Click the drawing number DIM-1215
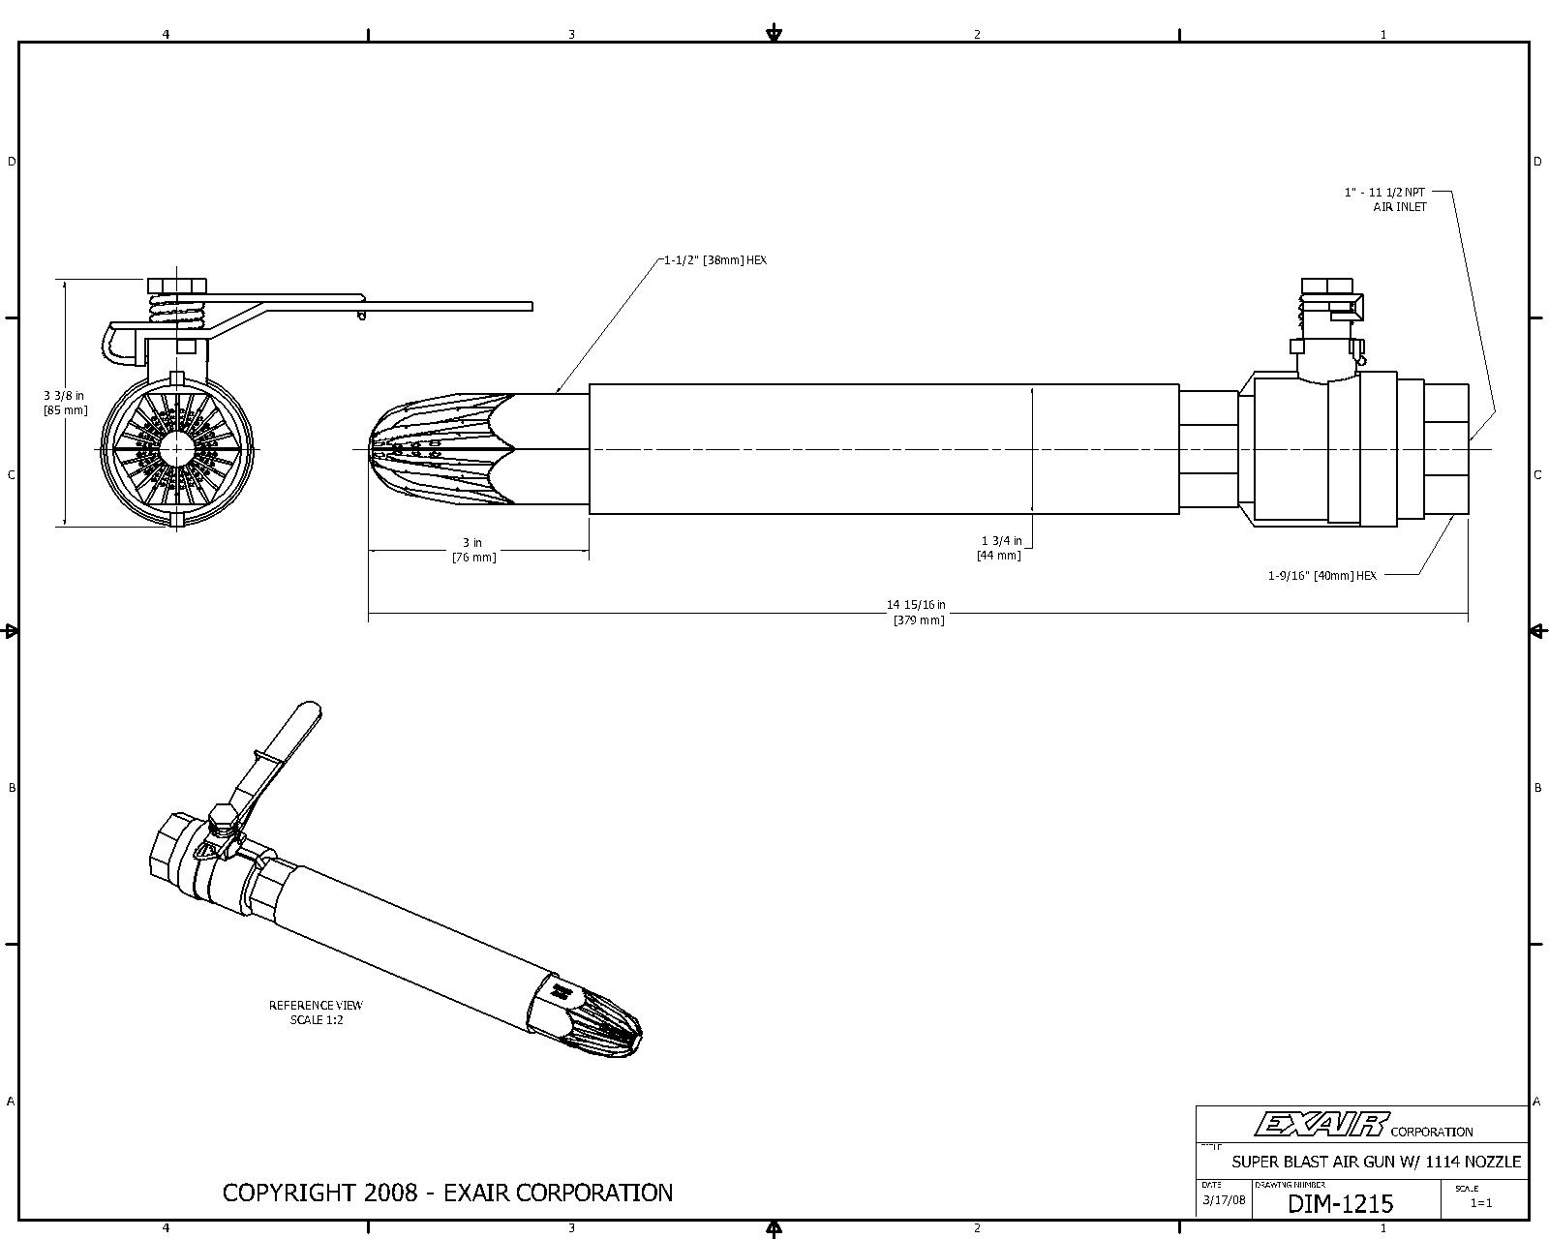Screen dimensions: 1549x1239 pos(1340,1203)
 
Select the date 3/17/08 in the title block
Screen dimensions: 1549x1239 pos(1224,1200)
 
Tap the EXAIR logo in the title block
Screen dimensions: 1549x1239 pos(1321,1125)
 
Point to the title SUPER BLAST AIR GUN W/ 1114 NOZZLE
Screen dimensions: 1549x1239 pos(1377,1162)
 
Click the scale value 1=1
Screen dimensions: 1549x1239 pos(1481,1203)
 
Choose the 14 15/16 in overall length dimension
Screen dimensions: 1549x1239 pos(916,612)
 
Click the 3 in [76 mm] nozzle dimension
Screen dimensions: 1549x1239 pos(473,549)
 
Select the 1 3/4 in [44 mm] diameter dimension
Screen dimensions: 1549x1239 pos(1000,548)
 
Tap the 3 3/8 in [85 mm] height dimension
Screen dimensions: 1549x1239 pos(66,403)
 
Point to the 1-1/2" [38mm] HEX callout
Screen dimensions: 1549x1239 pos(714,259)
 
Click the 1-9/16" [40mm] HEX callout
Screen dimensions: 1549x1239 pos(1322,575)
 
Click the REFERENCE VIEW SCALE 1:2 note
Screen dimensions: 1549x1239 pos(316,1012)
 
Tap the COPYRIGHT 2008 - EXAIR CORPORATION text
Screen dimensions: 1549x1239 pos(447,1193)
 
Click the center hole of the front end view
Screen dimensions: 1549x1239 pos(175,449)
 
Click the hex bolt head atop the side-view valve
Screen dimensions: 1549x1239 pos(1326,286)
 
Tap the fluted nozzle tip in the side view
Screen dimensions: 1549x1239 pos(441,449)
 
